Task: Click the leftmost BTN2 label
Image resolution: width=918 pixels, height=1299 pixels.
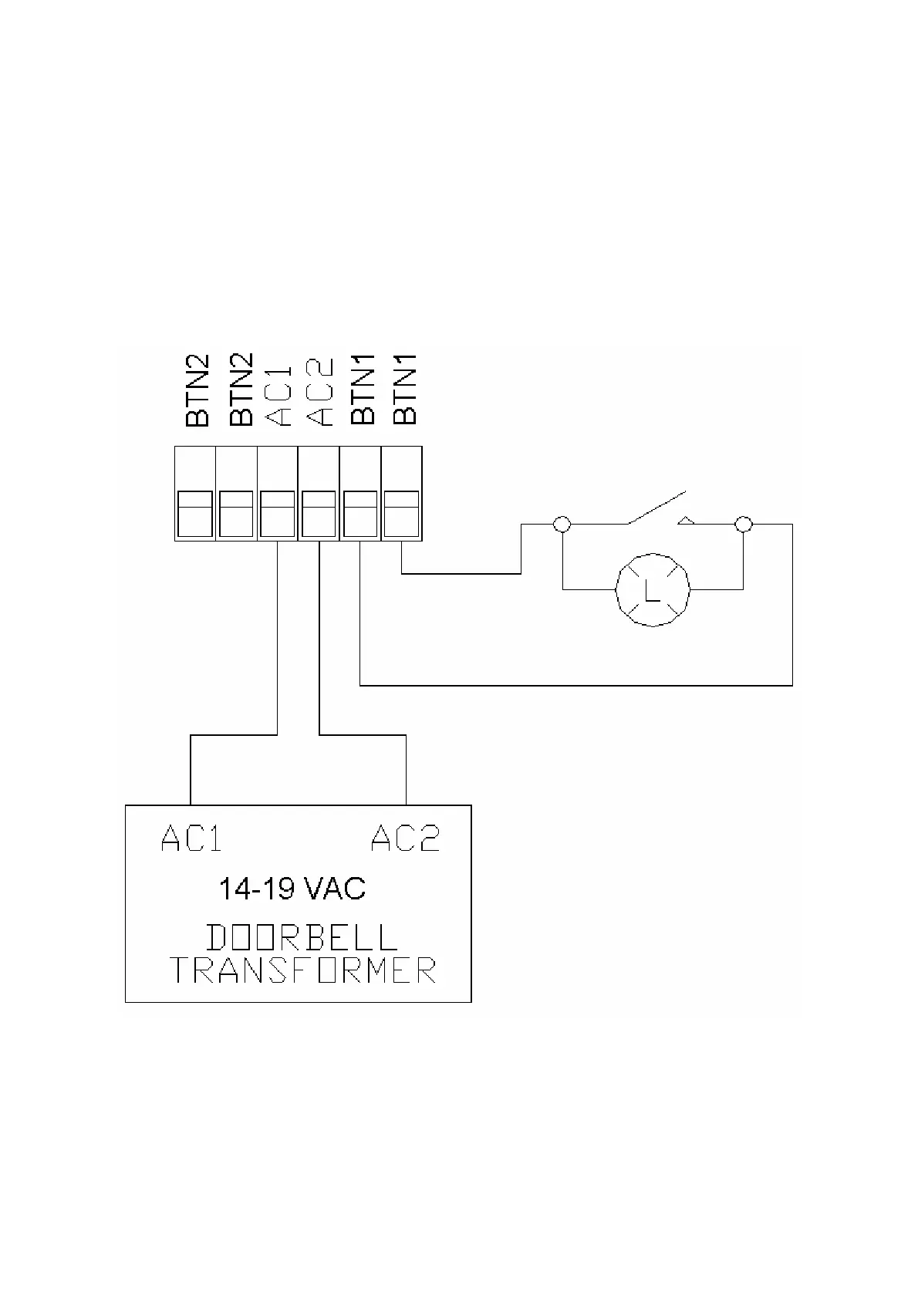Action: click(x=197, y=390)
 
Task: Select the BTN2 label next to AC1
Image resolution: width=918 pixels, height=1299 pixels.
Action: click(x=241, y=390)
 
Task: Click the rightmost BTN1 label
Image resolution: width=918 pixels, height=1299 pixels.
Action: click(x=404, y=390)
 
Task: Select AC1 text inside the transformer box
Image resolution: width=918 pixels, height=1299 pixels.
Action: click(x=191, y=838)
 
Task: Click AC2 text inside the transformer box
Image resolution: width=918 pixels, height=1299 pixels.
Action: click(x=405, y=838)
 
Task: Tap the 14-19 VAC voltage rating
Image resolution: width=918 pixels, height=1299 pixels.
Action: click(x=292, y=889)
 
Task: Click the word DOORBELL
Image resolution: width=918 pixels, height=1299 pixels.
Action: click(x=302, y=937)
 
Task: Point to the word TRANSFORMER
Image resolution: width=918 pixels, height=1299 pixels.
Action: click(x=302, y=970)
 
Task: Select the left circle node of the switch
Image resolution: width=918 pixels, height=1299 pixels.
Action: click(x=562, y=525)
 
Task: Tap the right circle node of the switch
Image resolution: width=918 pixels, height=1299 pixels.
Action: click(x=743, y=525)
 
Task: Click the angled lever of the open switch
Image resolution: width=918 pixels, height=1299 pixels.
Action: click(x=656, y=507)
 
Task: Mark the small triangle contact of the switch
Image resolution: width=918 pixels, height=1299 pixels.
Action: click(x=686, y=521)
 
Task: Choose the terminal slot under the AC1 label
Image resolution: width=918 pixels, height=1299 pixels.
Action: click(x=277, y=513)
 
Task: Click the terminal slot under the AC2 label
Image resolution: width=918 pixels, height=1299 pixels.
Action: click(x=319, y=513)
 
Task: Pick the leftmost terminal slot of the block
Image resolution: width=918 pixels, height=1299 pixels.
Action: click(x=194, y=513)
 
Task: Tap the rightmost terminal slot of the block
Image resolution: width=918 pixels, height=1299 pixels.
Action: click(x=401, y=513)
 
